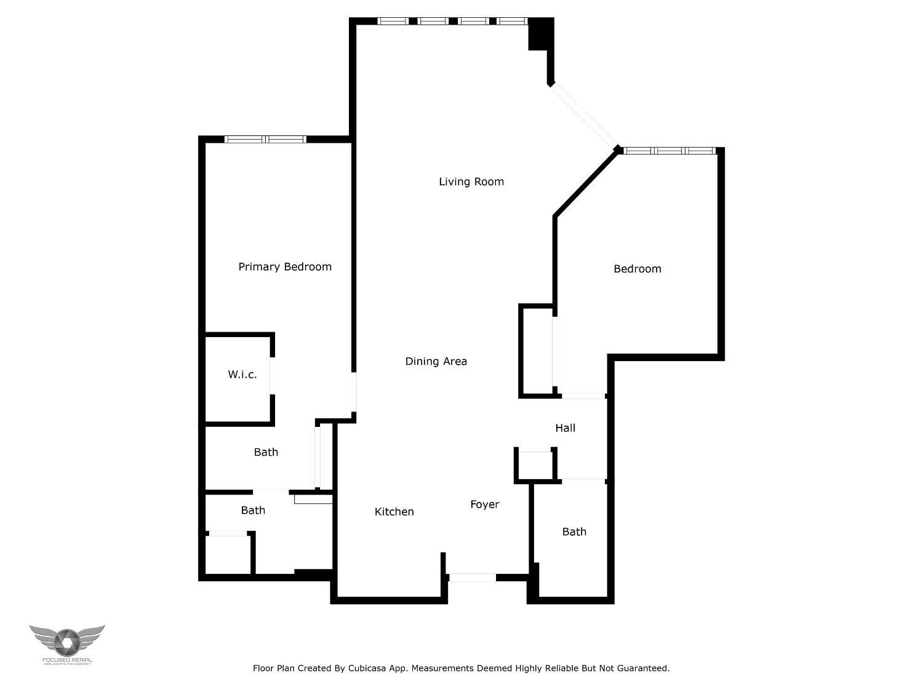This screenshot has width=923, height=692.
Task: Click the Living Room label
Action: click(471, 181)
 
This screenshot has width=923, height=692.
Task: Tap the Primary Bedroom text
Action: click(285, 266)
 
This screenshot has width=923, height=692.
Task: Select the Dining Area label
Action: click(436, 361)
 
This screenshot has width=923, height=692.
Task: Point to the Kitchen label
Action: click(394, 512)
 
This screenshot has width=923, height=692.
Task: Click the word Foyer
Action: click(484, 504)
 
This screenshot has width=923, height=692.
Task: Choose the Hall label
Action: click(565, 428)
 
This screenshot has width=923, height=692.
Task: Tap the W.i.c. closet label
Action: click(242, 374)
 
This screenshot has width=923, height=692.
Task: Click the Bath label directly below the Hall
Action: click(574, 531)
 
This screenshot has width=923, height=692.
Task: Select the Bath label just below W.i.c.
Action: click(266, 452)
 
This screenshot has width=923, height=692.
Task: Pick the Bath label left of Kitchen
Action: click(253, 510)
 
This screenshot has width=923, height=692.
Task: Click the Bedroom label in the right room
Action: click(637, 269)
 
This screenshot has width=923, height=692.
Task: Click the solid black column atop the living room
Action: click(540, 34)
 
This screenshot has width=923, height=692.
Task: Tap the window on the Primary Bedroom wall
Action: click(265, 140)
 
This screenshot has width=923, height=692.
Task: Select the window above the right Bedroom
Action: click(669, 151)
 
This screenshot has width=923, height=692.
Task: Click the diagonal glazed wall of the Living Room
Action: click(584, 116)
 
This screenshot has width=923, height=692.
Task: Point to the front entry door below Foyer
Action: click(471, 578)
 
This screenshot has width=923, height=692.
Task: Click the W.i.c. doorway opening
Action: click(271, 375)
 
